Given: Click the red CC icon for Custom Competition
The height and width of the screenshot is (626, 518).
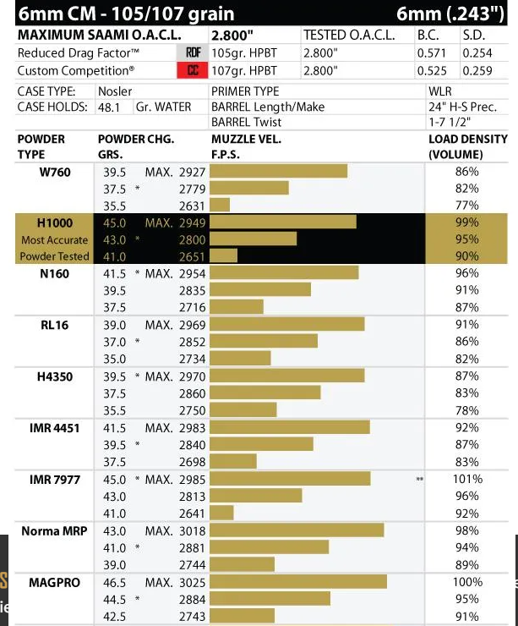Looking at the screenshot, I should click(x=192, y=71).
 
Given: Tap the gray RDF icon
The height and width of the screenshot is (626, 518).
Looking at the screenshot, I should click(x=192, y=53).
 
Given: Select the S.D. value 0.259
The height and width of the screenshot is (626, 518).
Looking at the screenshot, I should click(x=477, y=71).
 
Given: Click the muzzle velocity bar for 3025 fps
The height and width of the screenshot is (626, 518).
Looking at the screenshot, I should click(x=297, y=582).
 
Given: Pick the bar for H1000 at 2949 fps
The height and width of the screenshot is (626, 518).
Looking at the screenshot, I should click(x=282, y=222).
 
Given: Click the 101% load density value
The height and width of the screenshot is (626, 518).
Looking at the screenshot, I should click(x=466, y=479).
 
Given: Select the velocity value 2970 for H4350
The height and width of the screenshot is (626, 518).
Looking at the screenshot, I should click(x=192, y=376).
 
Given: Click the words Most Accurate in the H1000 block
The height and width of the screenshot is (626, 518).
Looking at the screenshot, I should click(x=54, y=240).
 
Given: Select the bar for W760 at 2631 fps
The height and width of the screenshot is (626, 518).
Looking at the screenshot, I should click(x=220, y=205).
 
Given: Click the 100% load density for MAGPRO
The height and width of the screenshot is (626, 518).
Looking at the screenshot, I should click(x=466, y=582).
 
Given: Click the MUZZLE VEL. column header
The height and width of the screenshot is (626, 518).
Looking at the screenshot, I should click(x=246, y=140).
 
